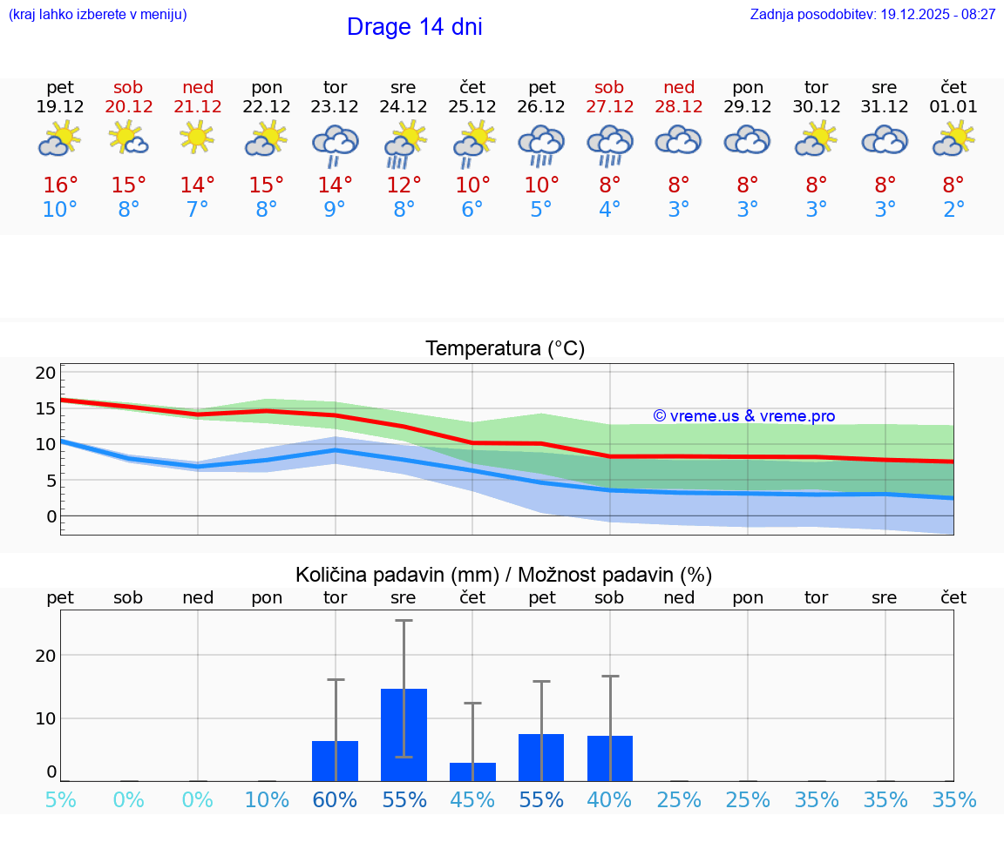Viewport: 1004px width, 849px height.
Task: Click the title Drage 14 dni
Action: point(414,27)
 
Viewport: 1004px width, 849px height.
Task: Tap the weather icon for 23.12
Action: point(336,144)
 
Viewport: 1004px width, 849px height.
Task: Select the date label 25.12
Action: point(472,107)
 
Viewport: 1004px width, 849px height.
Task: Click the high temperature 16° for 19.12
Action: point(60,185)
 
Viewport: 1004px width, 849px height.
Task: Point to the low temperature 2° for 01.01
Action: point(953,210)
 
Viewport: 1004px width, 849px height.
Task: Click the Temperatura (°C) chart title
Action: point(505,349)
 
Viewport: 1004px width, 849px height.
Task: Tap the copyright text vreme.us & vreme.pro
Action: point(744,416)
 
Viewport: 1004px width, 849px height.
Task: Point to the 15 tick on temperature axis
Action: point(46,408)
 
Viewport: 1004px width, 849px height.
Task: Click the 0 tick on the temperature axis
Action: point(51,516)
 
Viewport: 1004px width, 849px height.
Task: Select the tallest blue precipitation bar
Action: point(404,734)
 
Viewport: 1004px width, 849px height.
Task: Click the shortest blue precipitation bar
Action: point(472,772)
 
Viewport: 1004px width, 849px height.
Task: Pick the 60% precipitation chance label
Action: point(336,800)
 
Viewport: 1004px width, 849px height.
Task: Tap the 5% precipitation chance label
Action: point(60,800)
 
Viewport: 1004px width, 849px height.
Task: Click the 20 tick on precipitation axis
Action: point(45,655)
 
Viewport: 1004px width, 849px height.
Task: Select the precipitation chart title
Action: point(504,575)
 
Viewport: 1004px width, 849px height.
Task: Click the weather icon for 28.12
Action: point(679,140)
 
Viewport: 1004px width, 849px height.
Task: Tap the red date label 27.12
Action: point(609,107)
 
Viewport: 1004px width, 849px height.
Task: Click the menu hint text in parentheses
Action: point(98,15)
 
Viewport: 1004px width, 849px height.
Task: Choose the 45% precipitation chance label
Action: point(472,800)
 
